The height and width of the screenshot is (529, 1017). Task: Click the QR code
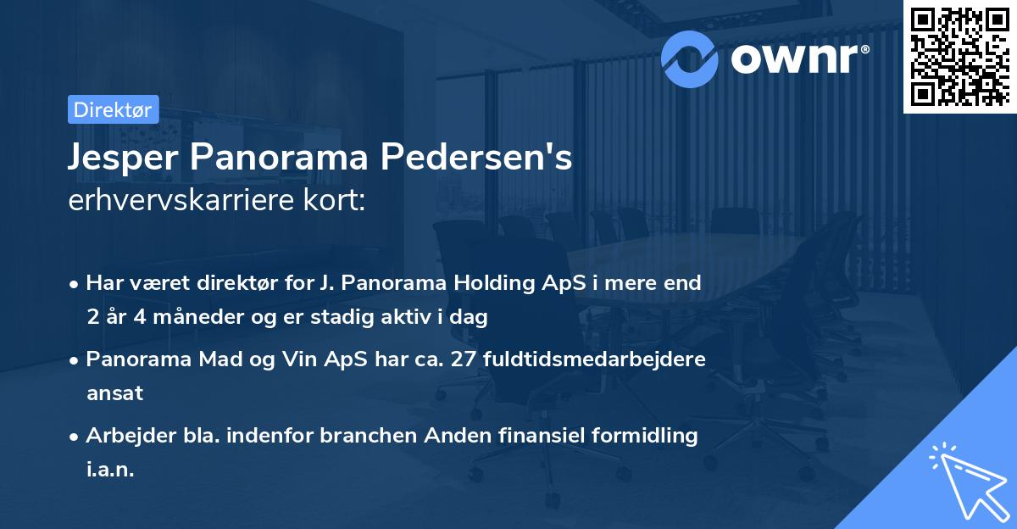(960, 56)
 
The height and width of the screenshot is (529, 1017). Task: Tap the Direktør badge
(113, 109)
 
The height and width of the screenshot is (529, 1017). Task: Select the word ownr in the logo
(797, 58)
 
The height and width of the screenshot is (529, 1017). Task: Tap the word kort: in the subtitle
(340, 201)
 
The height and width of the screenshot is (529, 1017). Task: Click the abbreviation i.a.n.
(110, 470)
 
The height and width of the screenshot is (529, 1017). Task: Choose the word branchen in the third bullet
(365, 436)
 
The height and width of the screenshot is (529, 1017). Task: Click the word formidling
(647, 436)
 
